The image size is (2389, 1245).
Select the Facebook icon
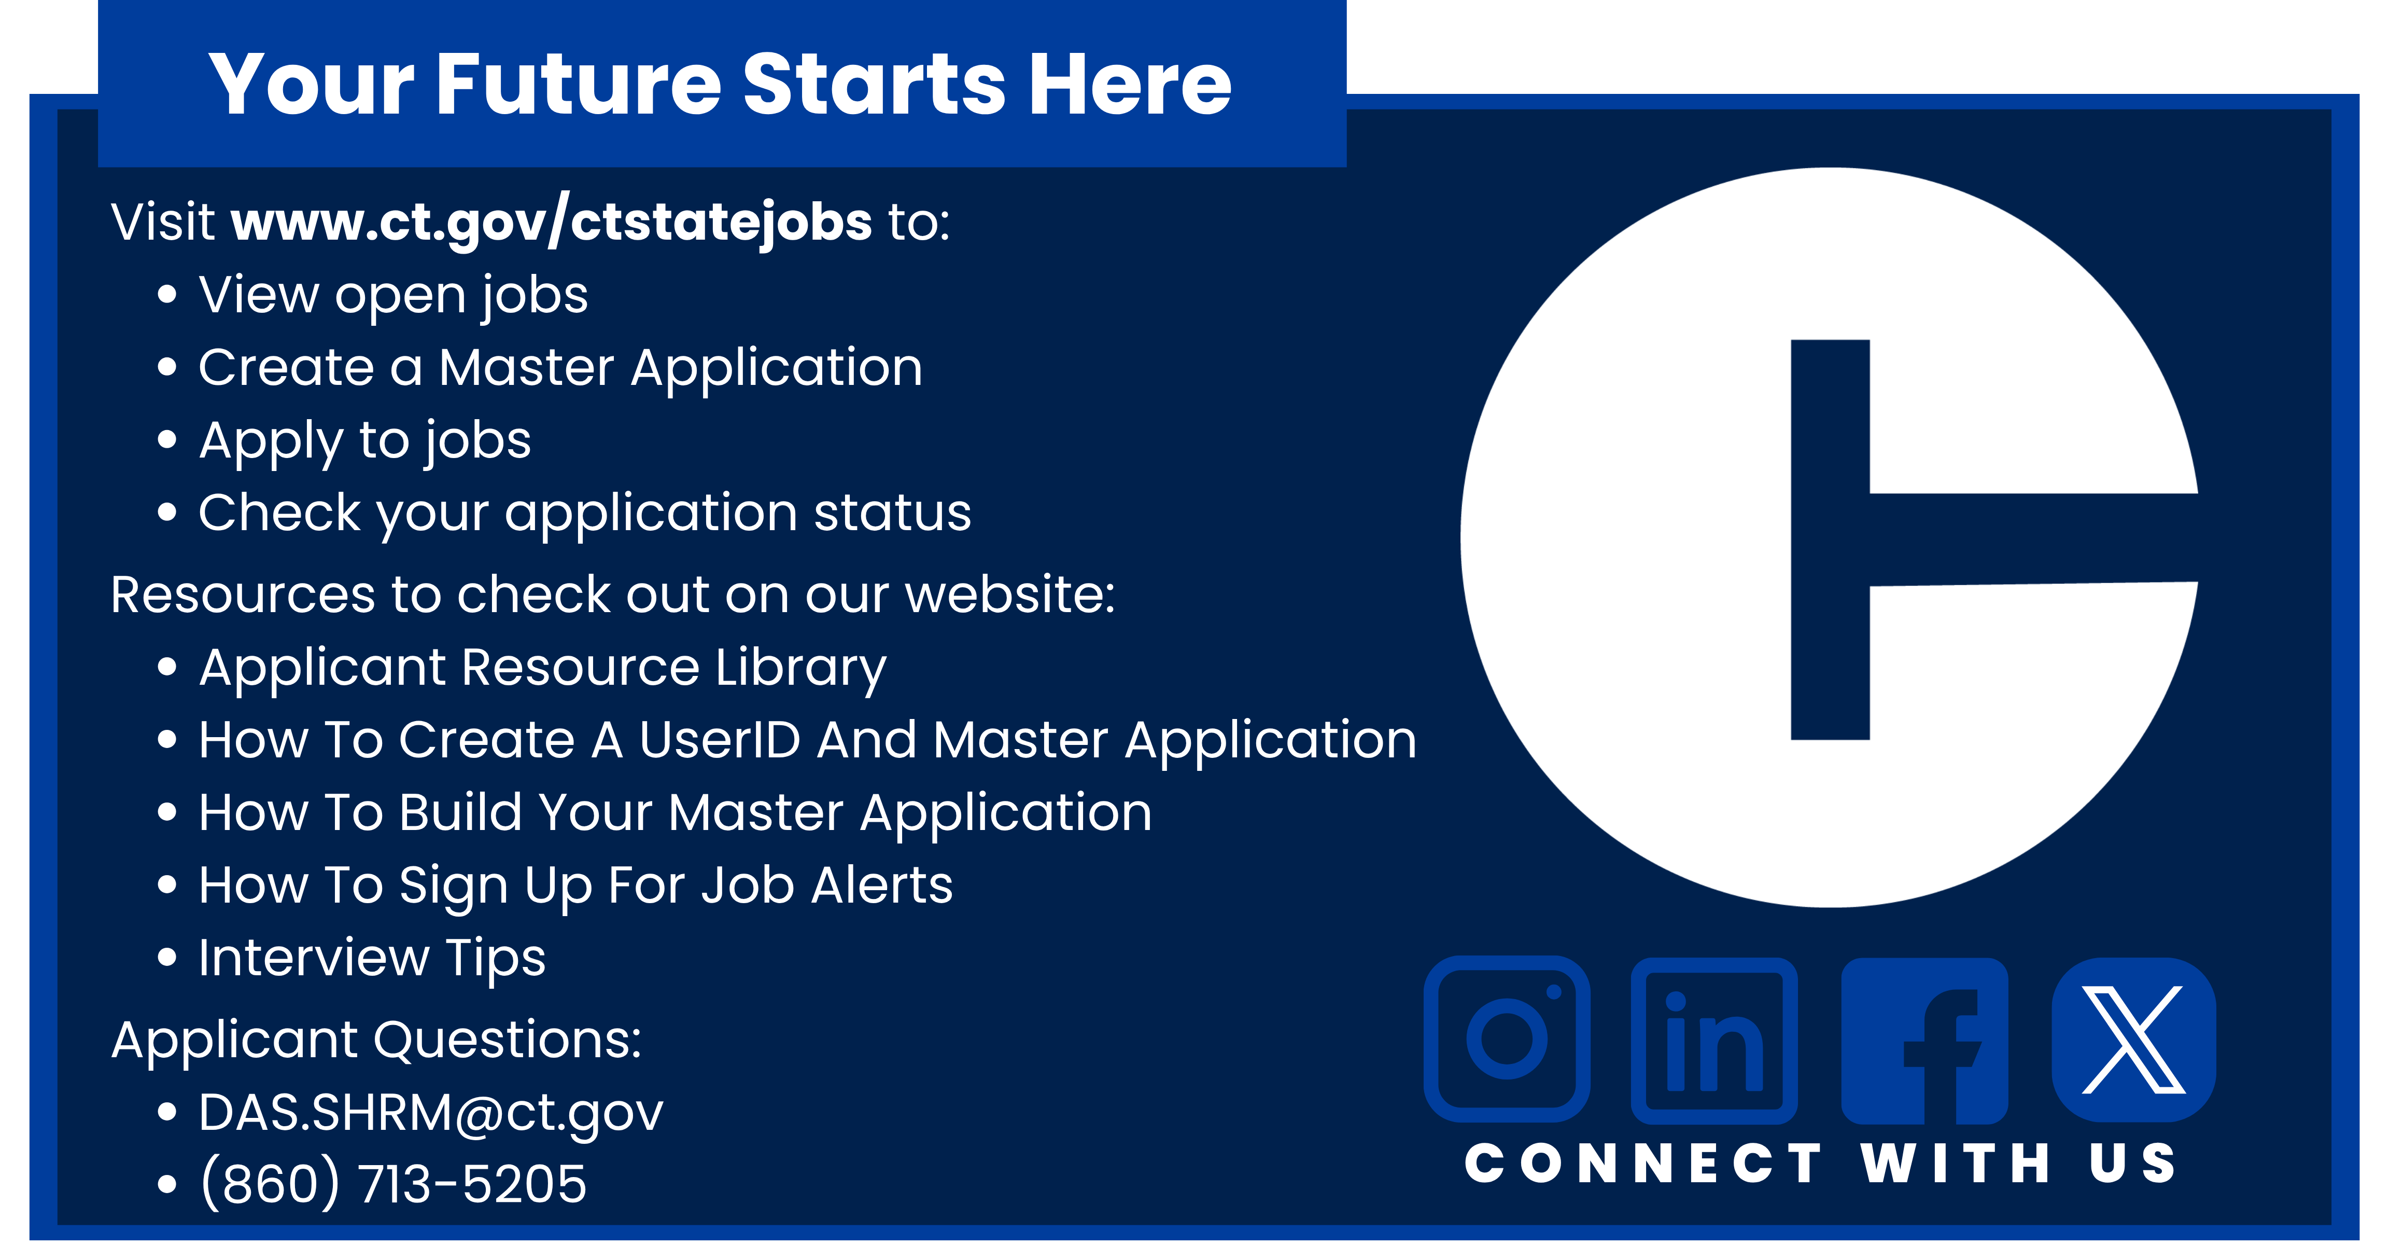tap(1924, 1041)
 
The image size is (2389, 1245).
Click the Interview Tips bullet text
tap(372, 958)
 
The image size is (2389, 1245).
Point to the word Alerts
tap(882, 885)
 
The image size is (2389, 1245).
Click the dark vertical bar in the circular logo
tap(1830, 540)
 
